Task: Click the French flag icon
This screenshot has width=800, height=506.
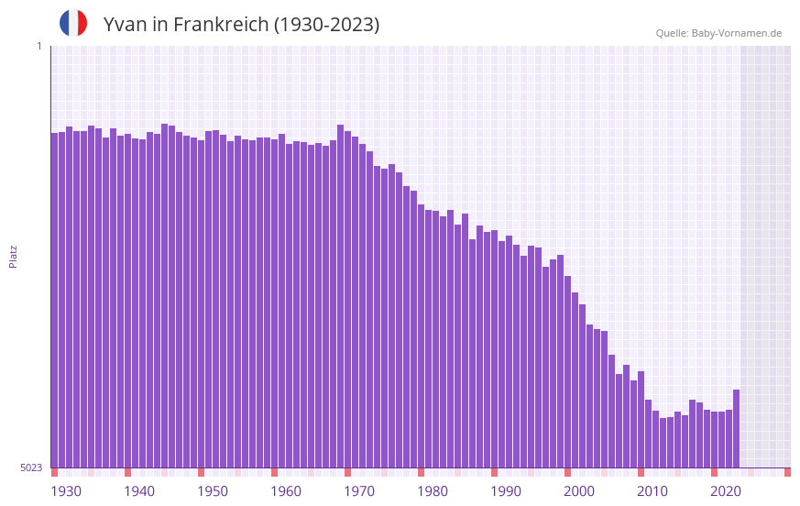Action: click(73, 24)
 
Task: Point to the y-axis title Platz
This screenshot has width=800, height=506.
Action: click(13, 256)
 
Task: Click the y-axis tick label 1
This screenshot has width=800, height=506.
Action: click(38, 46)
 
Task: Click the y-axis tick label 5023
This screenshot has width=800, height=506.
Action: click(31, 467)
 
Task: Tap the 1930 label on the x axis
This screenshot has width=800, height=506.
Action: click(66, 491)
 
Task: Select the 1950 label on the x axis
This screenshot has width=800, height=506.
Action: click(213, 491)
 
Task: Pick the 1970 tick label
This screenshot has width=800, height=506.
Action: click(359, 491)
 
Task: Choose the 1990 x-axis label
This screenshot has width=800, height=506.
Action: click(506, 491)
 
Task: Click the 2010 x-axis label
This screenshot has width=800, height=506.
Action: click(652, 491)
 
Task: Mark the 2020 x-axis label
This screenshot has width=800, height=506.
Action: click(726, 491)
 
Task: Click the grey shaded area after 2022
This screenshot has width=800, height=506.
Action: click(765, 256)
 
